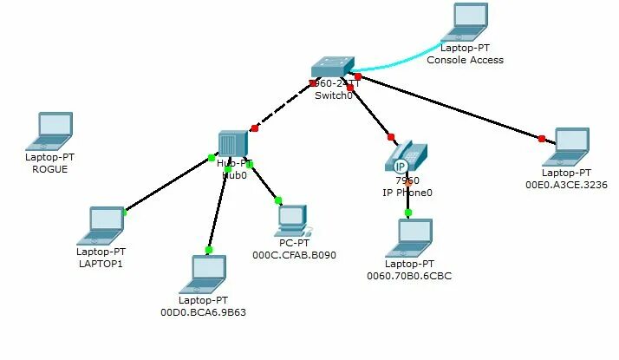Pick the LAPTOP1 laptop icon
(100, 226)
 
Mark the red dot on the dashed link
(255, 128)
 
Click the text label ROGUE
(50, 169)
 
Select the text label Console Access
(466, 60)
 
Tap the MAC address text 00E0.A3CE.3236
(566, 185)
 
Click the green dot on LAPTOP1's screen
(125, 212)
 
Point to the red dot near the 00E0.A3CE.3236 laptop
(542, 139)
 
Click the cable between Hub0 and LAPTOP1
(169, 184)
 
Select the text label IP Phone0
(407, 193)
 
